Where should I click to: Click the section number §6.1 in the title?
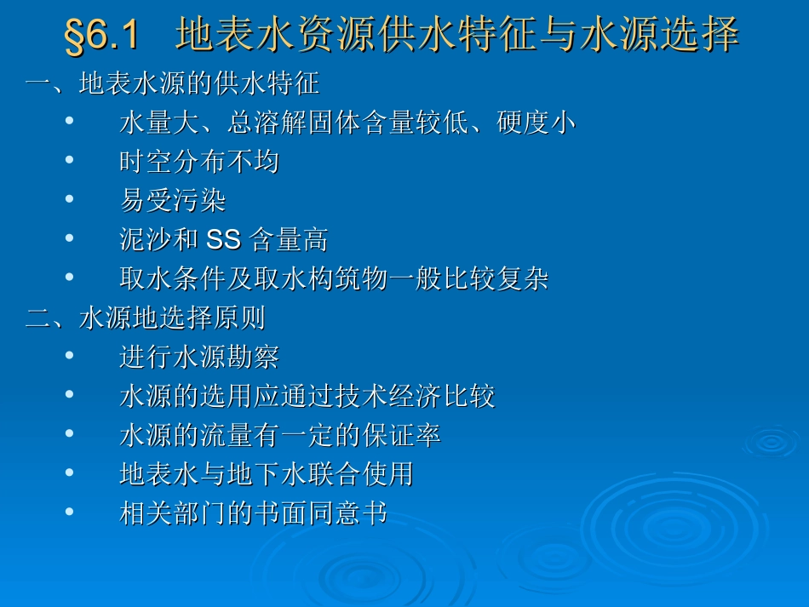[x=101, y=36]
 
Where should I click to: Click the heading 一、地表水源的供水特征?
[x=172, y=83]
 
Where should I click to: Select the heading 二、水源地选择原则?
[x=146, y=318]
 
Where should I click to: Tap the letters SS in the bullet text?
[x=224, y=240]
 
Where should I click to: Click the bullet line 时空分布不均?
[x=199, y=162]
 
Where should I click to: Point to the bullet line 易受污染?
[x=173, y=201]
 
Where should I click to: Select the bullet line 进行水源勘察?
[x=199, y=358]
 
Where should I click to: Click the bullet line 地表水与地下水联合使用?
[x=267, y=474]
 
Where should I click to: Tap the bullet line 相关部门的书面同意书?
[x=253, y=513]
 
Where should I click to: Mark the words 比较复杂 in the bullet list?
[x=495, y=279]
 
